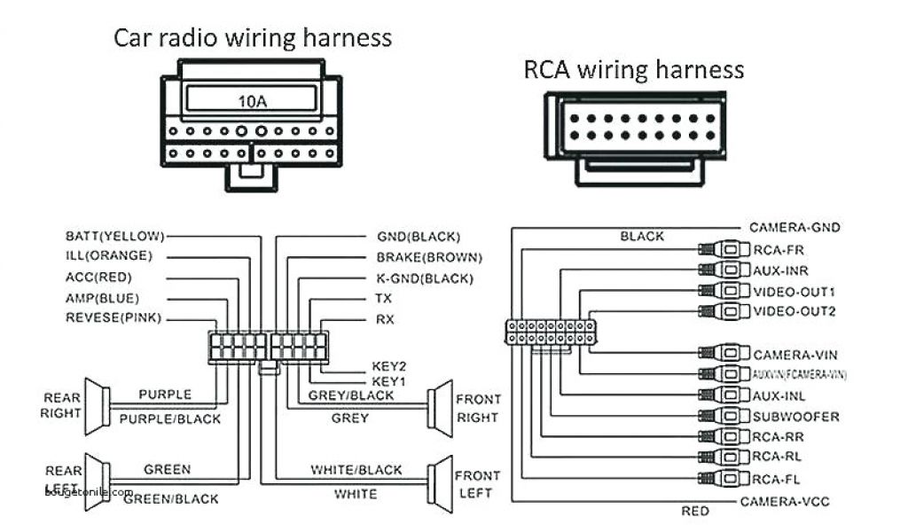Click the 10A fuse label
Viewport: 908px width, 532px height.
coord(251,101)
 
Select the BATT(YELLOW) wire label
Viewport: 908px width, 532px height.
coord(115,236)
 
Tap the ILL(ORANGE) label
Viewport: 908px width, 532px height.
coord(108,256)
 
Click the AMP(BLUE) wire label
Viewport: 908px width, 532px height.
coord(102,298)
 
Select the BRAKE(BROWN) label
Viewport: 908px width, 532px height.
coord(429,257)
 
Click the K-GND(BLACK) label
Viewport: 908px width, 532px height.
coord(424,278)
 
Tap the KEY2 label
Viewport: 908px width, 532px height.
coord(388,365)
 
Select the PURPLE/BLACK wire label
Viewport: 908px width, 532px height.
coord(169,419)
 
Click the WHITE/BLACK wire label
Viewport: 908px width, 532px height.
coord(356,470)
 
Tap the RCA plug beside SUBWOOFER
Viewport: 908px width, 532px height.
coord(721,416)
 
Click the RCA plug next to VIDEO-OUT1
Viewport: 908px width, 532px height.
coord(721,291)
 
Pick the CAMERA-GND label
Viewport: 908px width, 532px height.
coord(794,228)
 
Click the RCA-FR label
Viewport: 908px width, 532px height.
coord(777,250)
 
